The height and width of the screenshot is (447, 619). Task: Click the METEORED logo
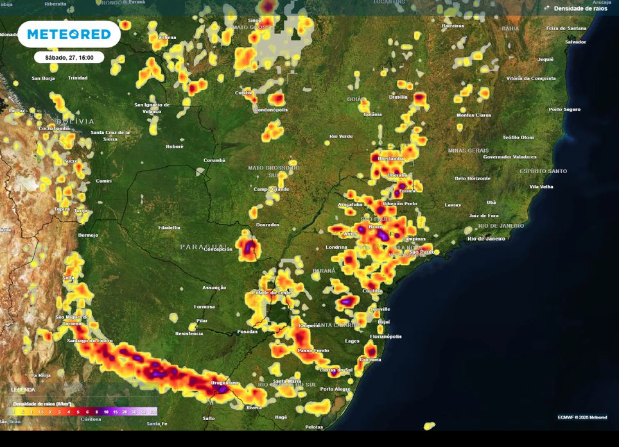click(x=69, y=34)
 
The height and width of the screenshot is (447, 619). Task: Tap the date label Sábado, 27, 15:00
click(x=69, y=57)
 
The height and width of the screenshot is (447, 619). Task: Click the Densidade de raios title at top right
click(x=577, y=8)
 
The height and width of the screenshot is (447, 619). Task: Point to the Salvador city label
click(x=575, y=42)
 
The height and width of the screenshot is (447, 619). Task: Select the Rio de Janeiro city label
click(x=486, y=239)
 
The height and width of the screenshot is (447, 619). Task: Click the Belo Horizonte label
click(x=473, y=178)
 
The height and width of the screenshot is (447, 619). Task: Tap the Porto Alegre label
click(x=335, y=389)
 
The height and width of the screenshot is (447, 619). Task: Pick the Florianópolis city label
click(x=385, y=336)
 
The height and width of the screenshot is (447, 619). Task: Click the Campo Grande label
click(x=271, y=189)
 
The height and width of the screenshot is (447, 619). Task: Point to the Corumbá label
click(x=214, y=160)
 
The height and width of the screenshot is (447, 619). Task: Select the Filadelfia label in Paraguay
click(x=169, y=228)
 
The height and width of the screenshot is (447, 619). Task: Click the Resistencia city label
click(x=189, y=333)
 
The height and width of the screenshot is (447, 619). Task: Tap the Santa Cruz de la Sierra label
click(x=110, y=135)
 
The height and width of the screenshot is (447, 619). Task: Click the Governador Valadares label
click(x=509, y=156)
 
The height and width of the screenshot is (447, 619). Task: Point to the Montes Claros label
click(x=474, y=115)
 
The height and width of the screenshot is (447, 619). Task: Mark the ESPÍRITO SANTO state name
click(x=543, y=171)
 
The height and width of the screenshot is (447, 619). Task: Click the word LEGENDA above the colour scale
click(x=22, y=390)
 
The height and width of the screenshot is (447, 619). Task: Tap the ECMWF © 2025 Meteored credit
click(x=582, y=417)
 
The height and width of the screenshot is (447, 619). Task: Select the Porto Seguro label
click(x=564, y=110)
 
